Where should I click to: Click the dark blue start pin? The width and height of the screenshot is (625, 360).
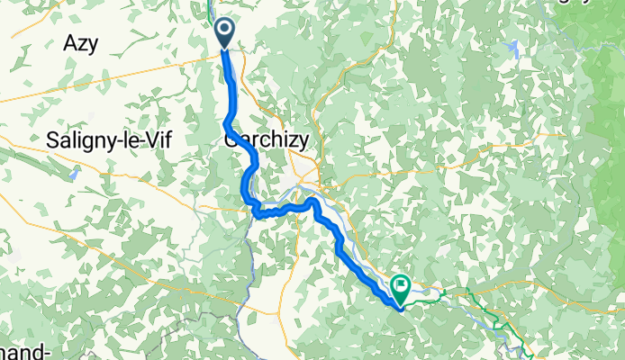pyautogui.click(x=223, y=32)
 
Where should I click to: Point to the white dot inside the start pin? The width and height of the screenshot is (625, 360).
pyautogui.click(x=223, y=30)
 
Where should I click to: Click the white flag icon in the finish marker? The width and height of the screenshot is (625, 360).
pyautogui.click(x=400, y=286)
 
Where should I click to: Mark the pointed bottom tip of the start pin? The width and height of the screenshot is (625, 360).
pyautogui.click(x=223, y=49)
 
